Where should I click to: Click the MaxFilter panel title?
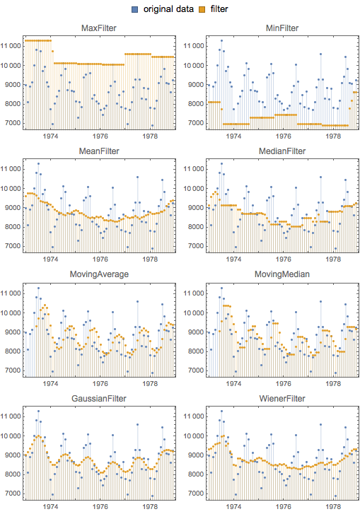(99, 28)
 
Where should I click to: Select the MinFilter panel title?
(282, 28)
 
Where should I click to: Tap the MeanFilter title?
(99, 151)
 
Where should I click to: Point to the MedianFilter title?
(282, 151)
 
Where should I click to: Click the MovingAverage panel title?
(99, 274)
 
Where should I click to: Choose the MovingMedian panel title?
(282, 274)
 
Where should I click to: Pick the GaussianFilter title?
(99, 398)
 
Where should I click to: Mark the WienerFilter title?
(282, 398)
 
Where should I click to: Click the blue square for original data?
(134, 9)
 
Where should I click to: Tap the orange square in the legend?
(202, 9)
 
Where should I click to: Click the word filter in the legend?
(219, 9)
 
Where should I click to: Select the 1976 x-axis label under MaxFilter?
(100, 136)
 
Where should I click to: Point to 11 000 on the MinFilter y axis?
(194, 46)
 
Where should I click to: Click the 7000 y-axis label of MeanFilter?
(13, 246)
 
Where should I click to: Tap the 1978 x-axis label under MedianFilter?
(333, 259)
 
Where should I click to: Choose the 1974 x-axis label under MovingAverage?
(50, 383)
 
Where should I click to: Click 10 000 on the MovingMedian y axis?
(194, 313)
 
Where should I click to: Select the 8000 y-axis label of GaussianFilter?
(13, 474)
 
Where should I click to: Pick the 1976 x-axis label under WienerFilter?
(284, 506)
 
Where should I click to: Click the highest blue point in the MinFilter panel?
(221, 40)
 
